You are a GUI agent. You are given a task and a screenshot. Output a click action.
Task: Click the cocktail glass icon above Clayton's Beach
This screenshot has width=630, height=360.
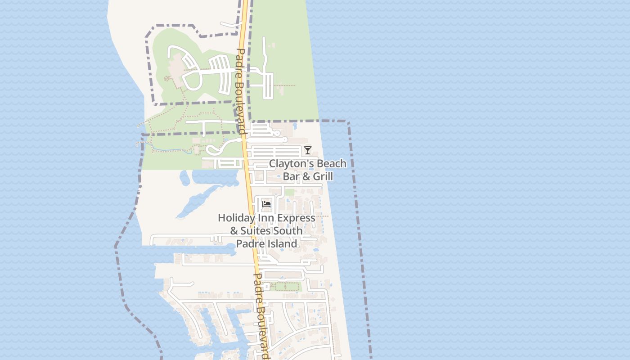point(308,150)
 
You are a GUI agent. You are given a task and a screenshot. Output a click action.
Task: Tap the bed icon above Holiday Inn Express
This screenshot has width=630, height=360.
point(266,204)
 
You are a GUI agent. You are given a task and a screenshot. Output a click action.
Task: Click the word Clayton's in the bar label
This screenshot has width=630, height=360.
point(290,163)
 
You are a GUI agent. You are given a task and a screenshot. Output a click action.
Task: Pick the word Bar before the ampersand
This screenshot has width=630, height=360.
point(291,176)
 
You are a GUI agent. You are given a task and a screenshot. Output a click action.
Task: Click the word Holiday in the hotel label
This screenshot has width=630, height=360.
point(235,218)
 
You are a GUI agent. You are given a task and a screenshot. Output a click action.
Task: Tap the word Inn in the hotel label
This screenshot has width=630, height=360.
point(265,218)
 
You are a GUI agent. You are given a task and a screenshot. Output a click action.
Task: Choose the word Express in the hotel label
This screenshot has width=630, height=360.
point(296,218)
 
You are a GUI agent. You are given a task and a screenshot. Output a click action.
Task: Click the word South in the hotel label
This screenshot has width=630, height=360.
point(289,231)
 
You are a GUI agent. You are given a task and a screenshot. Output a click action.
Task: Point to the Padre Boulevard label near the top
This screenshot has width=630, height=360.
point(240,90)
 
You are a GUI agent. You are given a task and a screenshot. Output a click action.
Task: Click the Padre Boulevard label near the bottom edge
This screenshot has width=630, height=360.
point(262,315)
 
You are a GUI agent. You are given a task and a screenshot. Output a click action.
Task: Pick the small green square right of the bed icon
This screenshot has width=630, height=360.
point(289,193)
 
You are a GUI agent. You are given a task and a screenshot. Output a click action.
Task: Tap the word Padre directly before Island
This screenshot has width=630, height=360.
point(251,244)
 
